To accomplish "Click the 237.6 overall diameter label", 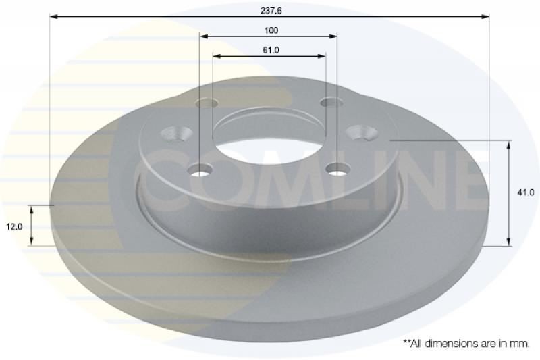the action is tap(271, 10).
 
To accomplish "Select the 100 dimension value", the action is tap(271, 30).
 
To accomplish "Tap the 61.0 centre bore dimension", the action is tap(271, 50).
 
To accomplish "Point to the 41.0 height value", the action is tap(526, 192).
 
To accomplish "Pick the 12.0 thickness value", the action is tap(14, 227).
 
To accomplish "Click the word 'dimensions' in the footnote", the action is tap(448, 344).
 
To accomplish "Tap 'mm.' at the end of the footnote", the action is tap(521, 344).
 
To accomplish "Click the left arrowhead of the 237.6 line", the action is tap(53, 16).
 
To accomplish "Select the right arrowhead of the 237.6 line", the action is tap(485, 16).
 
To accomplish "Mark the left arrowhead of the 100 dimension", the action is tap(204, 36).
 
